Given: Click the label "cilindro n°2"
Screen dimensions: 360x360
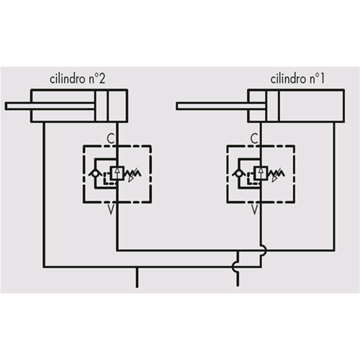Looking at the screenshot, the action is pyautogui.click(x=77, y=79).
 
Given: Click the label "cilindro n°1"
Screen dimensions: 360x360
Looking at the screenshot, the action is pyautogui.click(x=297, y=79).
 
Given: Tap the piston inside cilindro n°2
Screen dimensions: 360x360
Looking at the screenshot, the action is pyautogui.click(x=102, y=106).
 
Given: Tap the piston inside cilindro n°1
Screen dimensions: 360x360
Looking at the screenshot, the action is pyautogui.click(x=272, y=106).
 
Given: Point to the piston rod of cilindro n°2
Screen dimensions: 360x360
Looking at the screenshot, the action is pyautogui.click(x=50, y=106).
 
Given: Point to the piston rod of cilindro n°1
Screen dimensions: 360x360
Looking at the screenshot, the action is pyautogui.click(x=221, y=106).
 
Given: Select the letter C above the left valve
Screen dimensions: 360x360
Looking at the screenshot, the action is pyautogui.click(x=110, y=138).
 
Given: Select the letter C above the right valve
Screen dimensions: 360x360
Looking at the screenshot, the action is pyautogui.click(x=254, y=138).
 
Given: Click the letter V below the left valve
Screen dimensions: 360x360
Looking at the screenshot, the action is pyautogui.click(x=111, y=210).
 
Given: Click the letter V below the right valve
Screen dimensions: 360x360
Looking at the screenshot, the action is pyautogui.click(x=254, y=210).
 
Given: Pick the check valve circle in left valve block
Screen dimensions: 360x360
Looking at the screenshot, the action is pyautogui.click(x=95, y=174).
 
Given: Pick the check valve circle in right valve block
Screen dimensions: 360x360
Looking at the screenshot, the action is pyautogui.click(x=239, y=174).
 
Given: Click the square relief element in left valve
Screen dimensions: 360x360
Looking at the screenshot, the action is pyautogui.click(x=117, y=173).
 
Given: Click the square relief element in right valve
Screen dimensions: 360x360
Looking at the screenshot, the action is pyautogui.click(x=261, y=173).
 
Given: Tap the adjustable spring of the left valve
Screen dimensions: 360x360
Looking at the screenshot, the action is pyautogui.click(x=132, y=174).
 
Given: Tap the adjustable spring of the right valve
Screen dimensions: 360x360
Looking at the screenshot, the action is pyautogui.click(x=276, y=174).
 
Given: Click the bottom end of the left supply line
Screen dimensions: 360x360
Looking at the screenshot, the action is pyautogui.click(x=137, y=287).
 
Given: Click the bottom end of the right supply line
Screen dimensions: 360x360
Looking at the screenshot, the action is pyautogui.click(x=238, y=286).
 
